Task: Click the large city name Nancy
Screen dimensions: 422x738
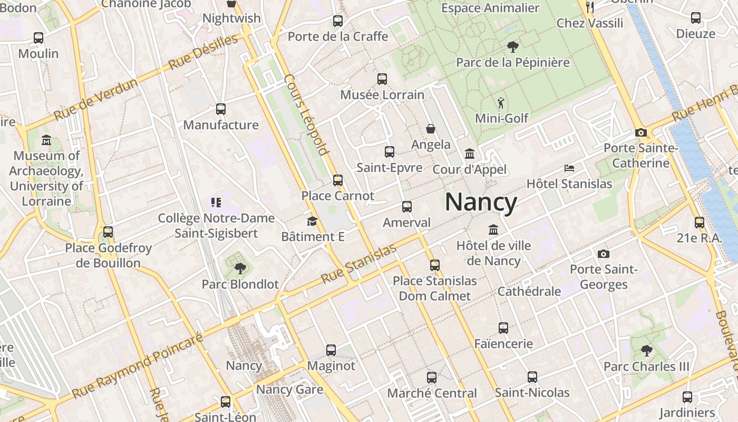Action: [481, 203]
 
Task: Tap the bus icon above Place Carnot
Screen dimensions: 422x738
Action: [338, 180]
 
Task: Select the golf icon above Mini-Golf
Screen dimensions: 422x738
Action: [501, 102]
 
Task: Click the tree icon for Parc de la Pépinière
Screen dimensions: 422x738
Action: [512, 47]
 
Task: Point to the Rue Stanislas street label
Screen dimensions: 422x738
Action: [358, 264]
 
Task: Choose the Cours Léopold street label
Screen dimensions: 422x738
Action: [306, 116]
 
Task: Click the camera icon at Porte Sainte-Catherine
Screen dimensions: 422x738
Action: [641, 133]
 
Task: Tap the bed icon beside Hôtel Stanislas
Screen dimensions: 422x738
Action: [569, 168]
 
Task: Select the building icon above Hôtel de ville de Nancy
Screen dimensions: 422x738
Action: [493, 230]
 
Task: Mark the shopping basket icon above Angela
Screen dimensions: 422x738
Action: [431, 129]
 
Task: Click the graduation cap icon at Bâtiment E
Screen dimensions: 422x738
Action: [313, 221]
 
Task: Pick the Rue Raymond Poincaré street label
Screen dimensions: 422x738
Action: [138, 366]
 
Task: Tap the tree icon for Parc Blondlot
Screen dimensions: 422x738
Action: [240, 268]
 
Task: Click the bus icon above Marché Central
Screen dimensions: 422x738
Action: [432, 377]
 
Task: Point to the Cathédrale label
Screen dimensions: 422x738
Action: [529, 292]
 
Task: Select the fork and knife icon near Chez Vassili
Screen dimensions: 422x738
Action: [590, 7]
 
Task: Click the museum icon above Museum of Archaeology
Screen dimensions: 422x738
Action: [46, 140]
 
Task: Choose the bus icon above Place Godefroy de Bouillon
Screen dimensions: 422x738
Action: [108, 232]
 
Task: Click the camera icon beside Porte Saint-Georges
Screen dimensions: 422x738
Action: [604, 254]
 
